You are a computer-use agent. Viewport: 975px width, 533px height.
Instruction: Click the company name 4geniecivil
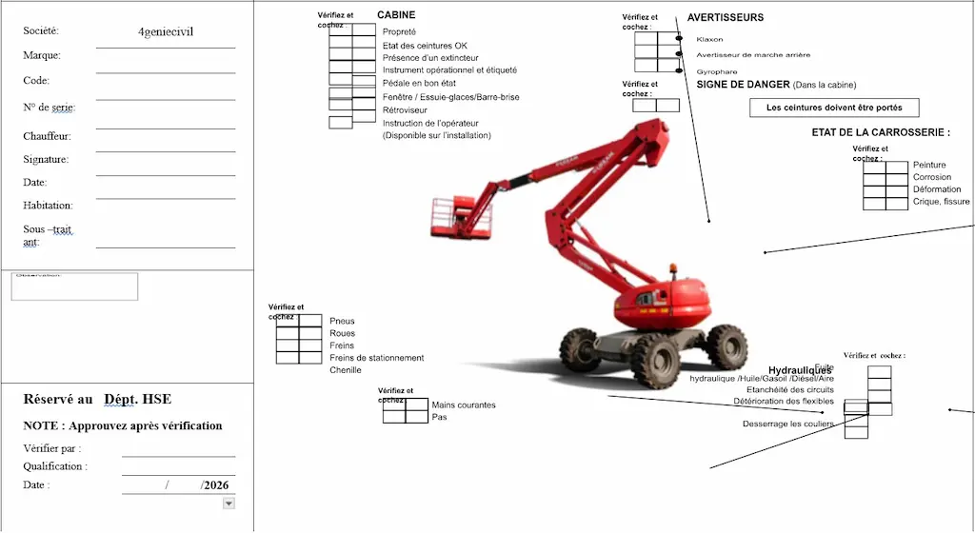coord(166,31)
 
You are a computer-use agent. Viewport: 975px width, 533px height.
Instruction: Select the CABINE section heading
coord(396,15)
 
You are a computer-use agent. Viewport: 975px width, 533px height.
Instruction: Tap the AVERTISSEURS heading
coord(725,17)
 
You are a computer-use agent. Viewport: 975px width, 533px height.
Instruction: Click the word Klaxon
coord(709,40)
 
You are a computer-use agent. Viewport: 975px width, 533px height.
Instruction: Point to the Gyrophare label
coord(716,71)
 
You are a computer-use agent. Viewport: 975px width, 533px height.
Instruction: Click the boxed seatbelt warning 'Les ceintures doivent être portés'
coord(834,108)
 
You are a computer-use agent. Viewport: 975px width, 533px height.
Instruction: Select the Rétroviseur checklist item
coord(406,110)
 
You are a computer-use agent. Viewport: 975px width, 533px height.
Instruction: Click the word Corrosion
coord(931,177)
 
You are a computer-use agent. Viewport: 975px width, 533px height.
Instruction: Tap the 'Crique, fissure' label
coord(941,202)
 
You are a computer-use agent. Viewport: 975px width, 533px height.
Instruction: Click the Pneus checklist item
coord(342,322)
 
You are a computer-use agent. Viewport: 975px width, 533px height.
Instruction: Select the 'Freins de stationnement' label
coord(376,358)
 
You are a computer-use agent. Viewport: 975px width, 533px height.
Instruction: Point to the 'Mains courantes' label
coord(464,405)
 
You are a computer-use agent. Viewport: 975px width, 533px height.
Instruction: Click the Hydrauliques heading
coord(800,370)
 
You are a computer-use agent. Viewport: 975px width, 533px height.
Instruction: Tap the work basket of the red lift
coord(462,217)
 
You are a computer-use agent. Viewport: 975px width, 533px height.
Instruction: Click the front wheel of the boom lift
coord(656,360)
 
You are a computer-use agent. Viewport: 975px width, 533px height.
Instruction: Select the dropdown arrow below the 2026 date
coord(229,503)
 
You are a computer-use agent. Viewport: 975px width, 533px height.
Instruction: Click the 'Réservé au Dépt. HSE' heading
coord(97,399)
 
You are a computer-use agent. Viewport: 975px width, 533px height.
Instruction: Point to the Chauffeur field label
coord(47,136)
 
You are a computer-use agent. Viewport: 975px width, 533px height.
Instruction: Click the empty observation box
coord(74,287)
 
